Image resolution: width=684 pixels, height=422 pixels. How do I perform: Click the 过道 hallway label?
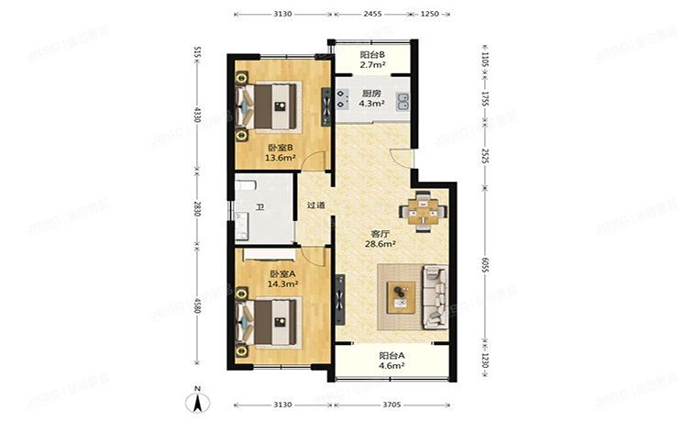[x=316, y=205]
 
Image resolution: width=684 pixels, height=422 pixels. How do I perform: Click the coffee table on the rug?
[x=401, y=294]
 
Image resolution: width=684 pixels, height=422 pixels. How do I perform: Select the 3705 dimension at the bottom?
[x=392, y=404]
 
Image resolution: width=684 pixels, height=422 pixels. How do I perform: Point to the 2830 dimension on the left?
[x=195, y=208]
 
